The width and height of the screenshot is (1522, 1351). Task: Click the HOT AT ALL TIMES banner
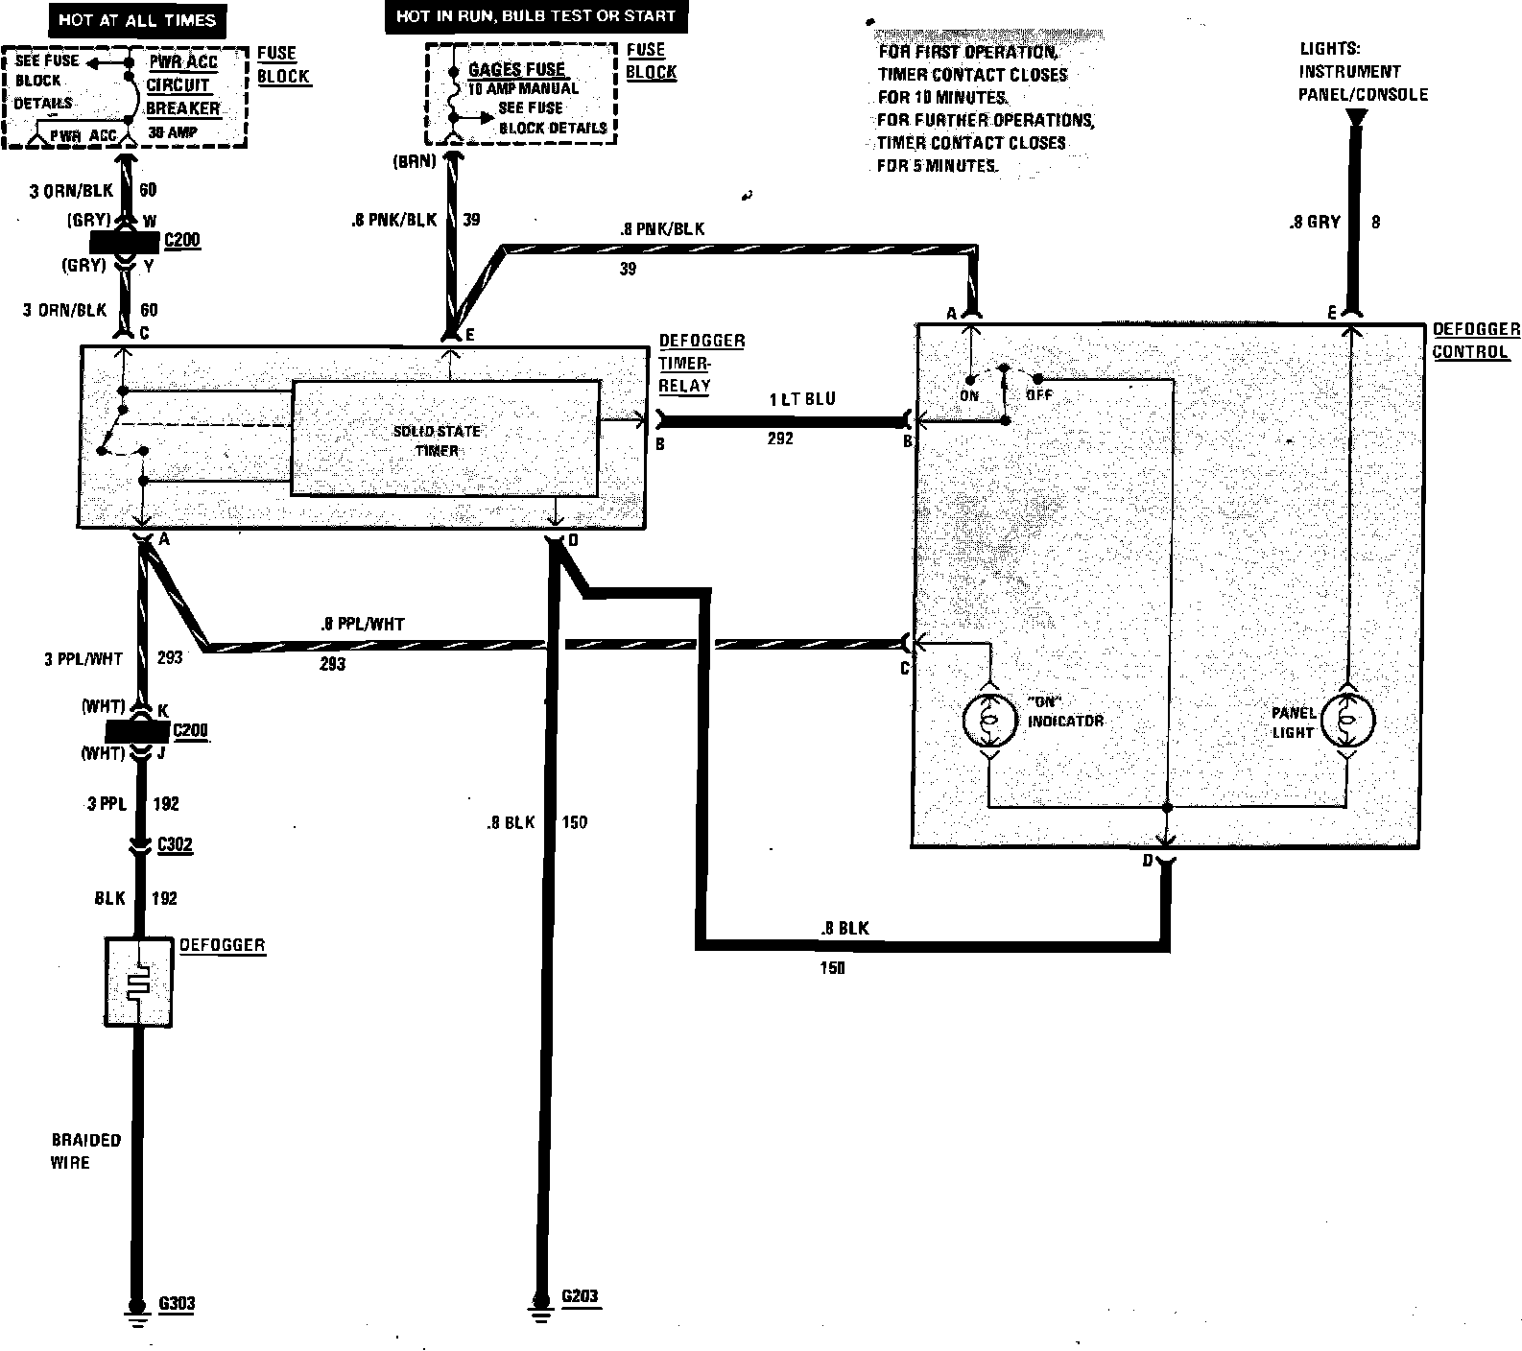click(136, 18)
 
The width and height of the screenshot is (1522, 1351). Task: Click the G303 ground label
click(177, 1304)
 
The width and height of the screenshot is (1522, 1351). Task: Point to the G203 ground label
click(580, 1296)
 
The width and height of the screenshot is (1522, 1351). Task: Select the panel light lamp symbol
click(1347, 720)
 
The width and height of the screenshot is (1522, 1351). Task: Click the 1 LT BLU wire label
click(802, 399)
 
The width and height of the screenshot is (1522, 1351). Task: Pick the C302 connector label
click(175, 845)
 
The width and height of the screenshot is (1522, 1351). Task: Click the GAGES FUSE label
click(516, 69)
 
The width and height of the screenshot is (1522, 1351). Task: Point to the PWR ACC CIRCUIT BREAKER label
click(183, 85)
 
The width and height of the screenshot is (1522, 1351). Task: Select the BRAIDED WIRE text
click(86, 1151)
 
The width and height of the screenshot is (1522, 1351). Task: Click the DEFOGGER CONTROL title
click(1475, 341)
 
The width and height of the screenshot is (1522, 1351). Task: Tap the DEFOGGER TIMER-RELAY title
click(701, 363)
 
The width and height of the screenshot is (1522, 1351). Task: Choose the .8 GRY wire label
click(1315, 222)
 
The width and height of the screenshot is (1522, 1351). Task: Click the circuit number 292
click(780, 438)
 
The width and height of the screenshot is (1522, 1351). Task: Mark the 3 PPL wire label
click(107, 804)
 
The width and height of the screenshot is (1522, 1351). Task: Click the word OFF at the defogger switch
click(1039, 394)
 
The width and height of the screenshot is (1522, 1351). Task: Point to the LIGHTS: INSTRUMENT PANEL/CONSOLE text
click(1363, 72)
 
